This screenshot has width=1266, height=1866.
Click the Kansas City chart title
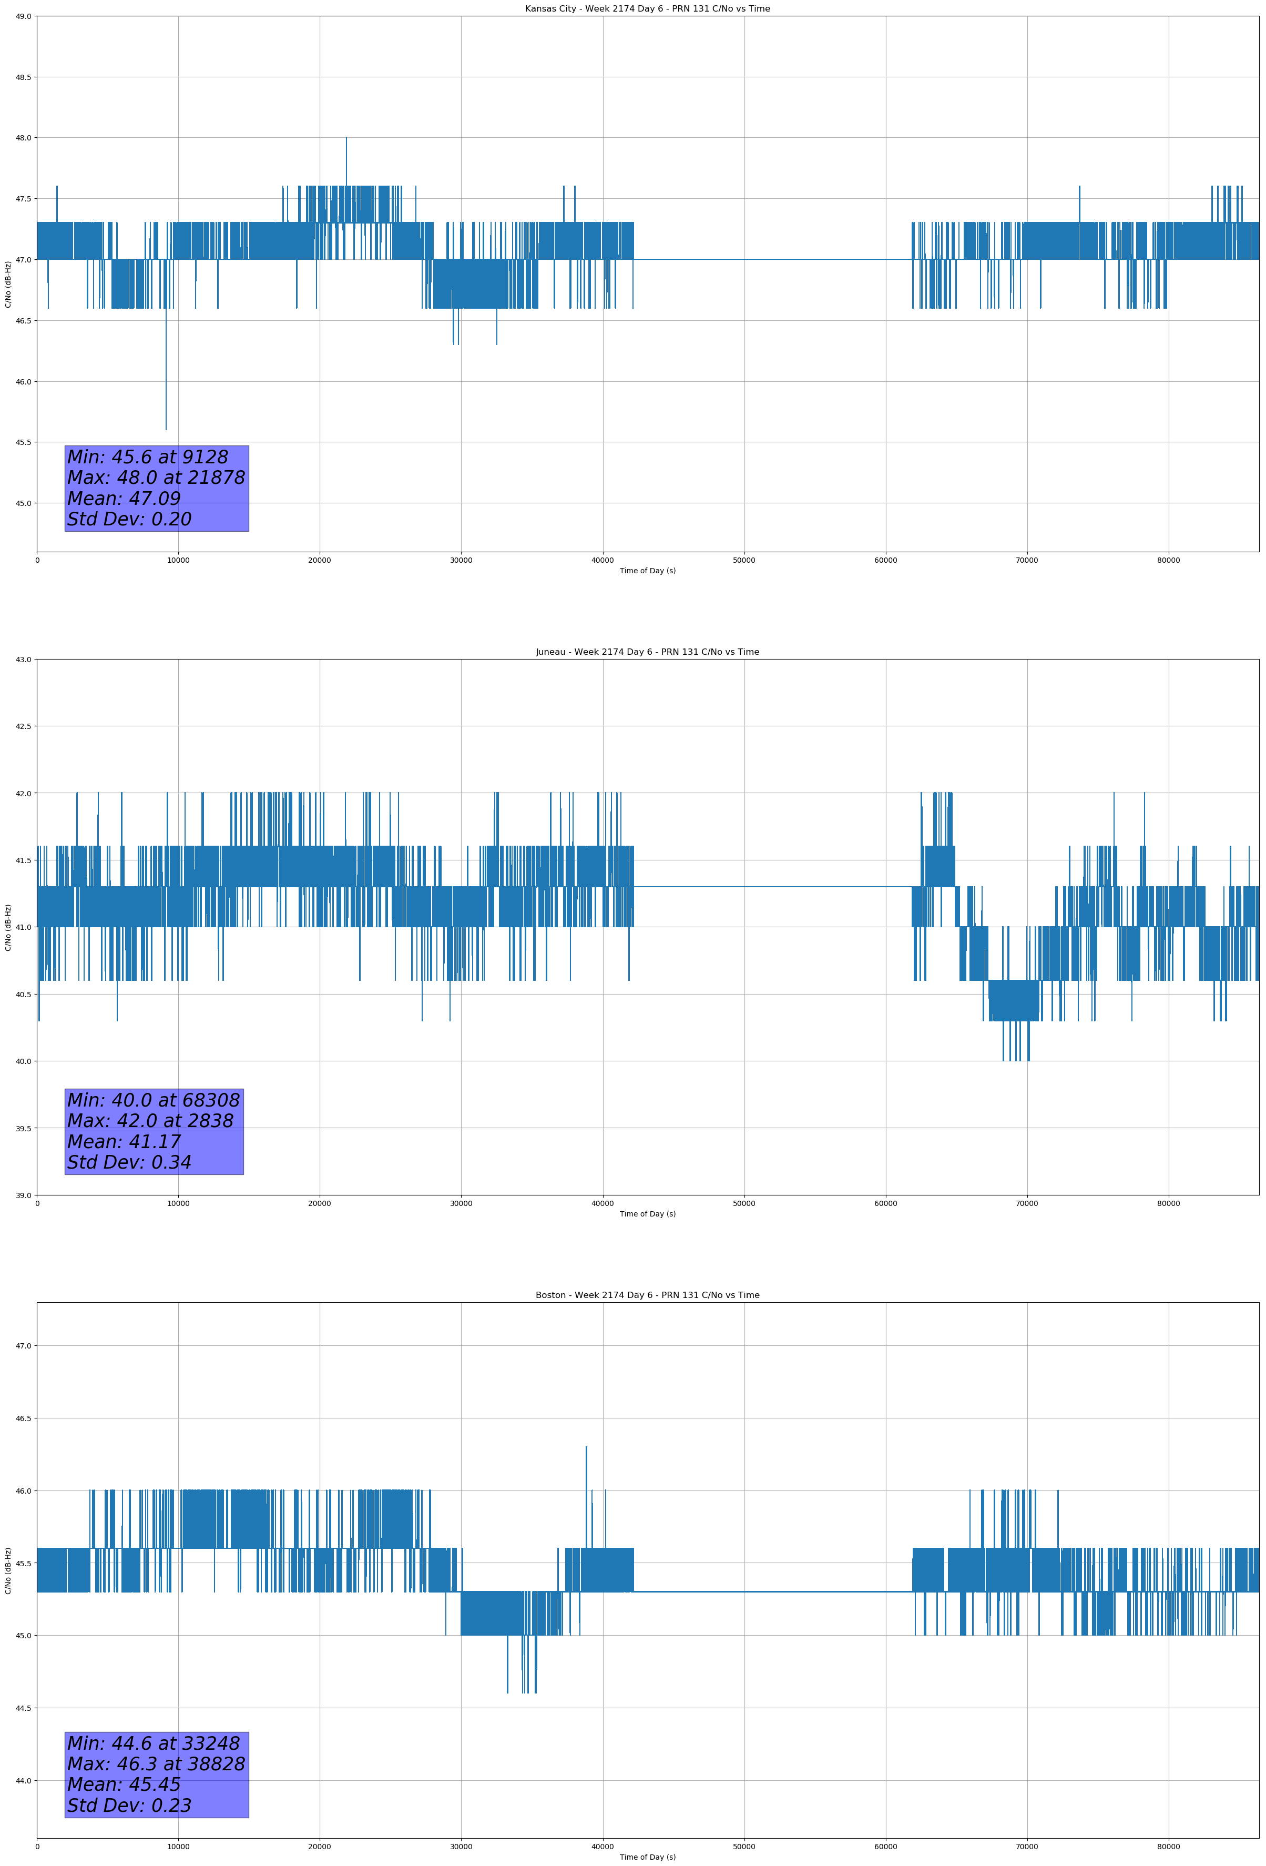tap(647, 9)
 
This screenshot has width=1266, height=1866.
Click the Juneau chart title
tap(647, 652)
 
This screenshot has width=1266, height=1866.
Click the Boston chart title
tap(647, 1295)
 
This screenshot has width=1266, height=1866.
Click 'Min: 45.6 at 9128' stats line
tap(148, 457)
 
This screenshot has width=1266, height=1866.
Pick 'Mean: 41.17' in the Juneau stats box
tap(124, 1142)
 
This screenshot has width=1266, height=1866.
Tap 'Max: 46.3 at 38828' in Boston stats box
tap(156, 1764)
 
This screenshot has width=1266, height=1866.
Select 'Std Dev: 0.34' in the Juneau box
tap(129, 1163)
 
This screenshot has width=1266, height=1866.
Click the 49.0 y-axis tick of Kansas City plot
tap(23, 16)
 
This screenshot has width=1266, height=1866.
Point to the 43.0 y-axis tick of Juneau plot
tap(23, 659)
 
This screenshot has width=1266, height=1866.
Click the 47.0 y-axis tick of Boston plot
tap(23, 1346)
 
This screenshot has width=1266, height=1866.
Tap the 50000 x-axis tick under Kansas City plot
tap(743, 561)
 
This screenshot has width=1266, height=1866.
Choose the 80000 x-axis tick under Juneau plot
tap(1168, 1203)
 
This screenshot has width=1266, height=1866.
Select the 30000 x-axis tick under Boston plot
tap(461, 1847)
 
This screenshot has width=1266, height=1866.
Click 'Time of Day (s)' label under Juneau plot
tap(647, 1214)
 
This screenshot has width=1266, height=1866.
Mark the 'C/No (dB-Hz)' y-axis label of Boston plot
tap(8, 1570)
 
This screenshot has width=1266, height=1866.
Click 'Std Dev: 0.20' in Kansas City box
tap(129, 520)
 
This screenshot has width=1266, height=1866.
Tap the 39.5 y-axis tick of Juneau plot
tap(23, 1128)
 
